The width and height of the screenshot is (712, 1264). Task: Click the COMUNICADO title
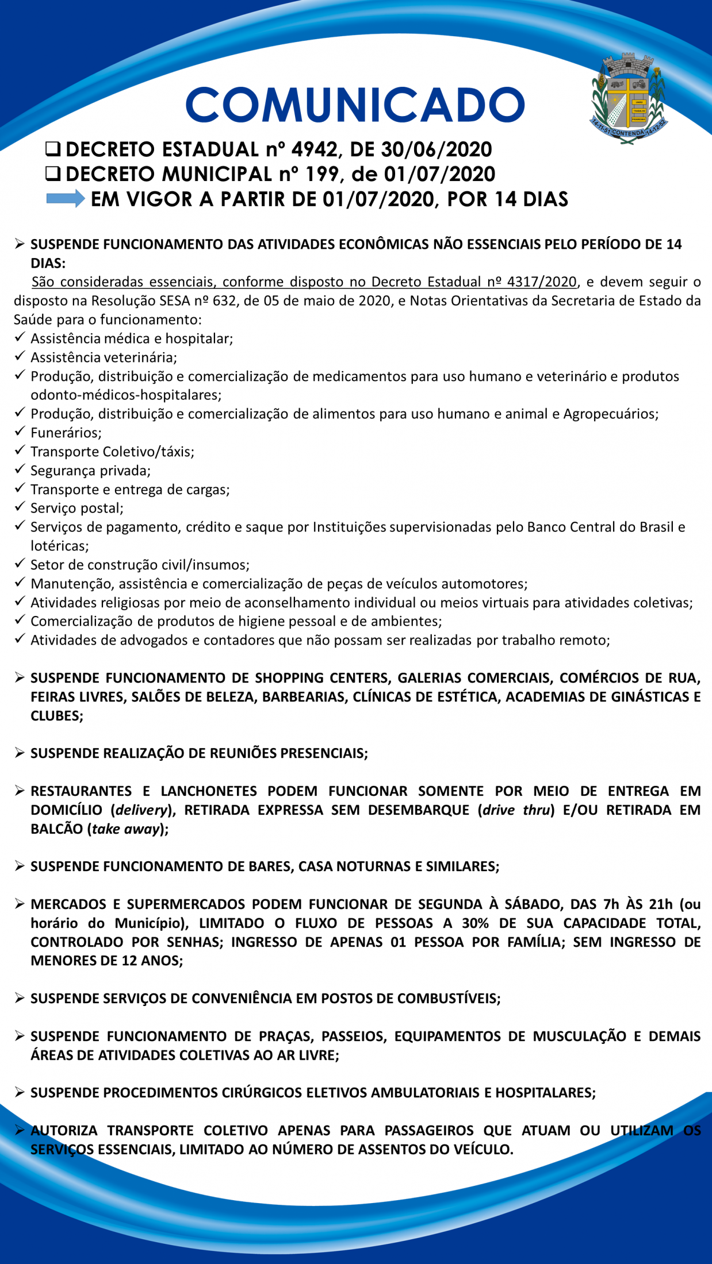[355, 105]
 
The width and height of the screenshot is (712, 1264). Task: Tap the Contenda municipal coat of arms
[629, 98]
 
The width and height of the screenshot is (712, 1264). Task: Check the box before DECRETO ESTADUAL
[53, 149]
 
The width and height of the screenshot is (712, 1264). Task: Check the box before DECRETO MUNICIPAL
[53, 174]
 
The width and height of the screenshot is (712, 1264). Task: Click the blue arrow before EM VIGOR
[65, 199]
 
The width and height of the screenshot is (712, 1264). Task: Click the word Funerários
[66, 433]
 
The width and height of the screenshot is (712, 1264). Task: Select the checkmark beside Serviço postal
[20, 506]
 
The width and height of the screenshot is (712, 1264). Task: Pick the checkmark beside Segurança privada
[20, 469]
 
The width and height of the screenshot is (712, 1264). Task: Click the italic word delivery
[141, 810]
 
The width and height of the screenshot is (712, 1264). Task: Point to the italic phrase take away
[125, 829]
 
